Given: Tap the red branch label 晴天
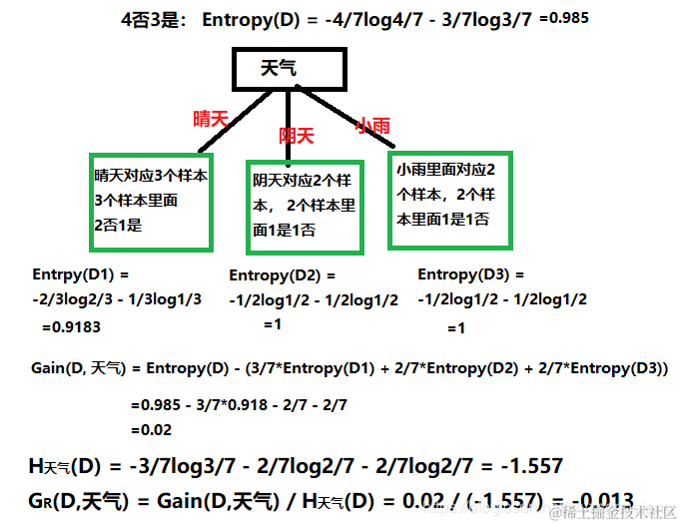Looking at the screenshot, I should click(211, 118).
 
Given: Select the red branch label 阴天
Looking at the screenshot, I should click(297, 135).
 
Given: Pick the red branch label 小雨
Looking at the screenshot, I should click(372, 126).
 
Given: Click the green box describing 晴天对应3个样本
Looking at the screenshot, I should click(150, 199).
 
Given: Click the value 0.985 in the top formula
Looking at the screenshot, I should click(562, 17).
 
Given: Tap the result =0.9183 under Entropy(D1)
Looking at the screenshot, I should click(71, 326).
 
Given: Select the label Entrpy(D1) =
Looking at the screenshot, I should click(82, 271).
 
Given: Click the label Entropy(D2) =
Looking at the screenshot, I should click(283, 275).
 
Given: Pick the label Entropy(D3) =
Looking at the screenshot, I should click(470, 274).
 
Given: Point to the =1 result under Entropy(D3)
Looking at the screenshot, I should click(456, 328).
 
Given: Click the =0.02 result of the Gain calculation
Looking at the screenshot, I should click(151, 430).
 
